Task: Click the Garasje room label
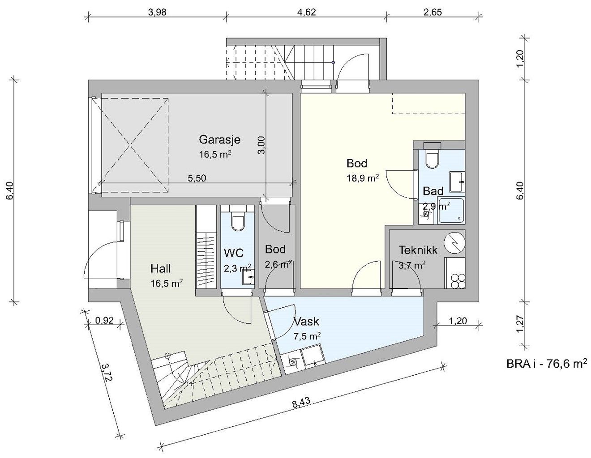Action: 219,140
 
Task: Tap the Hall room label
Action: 160,269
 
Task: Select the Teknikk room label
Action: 418,250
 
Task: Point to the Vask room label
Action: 307,322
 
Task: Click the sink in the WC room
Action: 248,277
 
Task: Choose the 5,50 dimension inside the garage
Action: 197,178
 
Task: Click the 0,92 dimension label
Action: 104,321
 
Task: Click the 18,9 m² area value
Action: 363,178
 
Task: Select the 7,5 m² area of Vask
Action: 307,336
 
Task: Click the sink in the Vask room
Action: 313,355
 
